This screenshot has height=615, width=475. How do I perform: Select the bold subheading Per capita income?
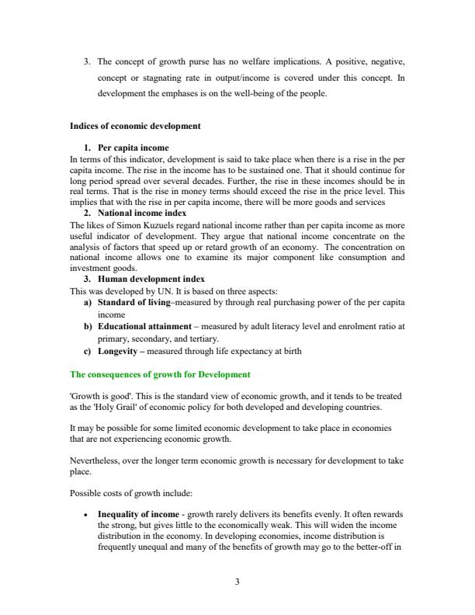[x=133, y=148]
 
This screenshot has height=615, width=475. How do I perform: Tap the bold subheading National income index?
[x=142, y=212]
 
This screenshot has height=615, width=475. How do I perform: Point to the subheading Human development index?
[x=151, y=279]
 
